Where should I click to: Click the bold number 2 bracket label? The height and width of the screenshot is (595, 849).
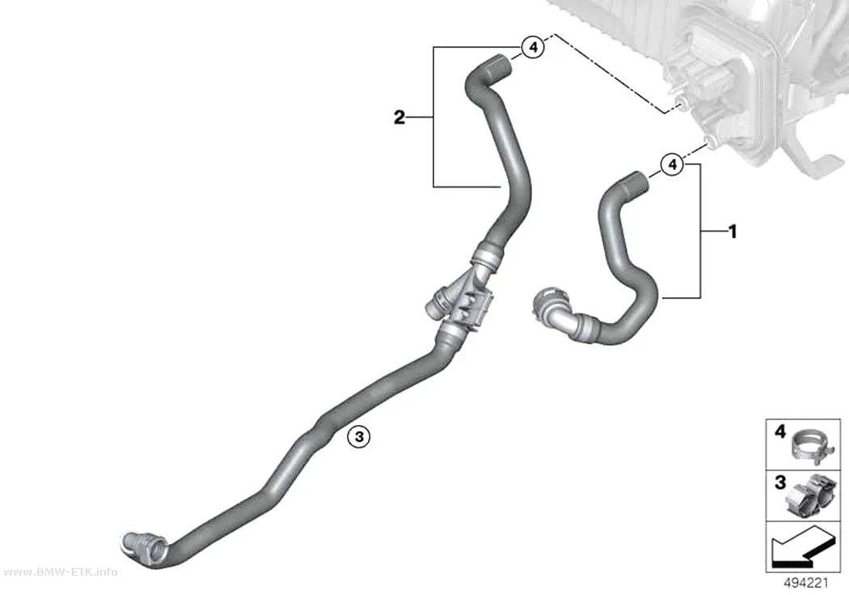[399, 117]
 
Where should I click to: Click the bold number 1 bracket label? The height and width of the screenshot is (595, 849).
[733, 232]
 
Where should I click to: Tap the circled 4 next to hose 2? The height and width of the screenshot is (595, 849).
[533, 47]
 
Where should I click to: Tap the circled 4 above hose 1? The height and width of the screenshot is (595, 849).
[672, 164]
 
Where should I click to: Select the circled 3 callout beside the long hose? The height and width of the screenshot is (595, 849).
[359, 436]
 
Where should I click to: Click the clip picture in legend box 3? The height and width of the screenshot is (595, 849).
[807, 495]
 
